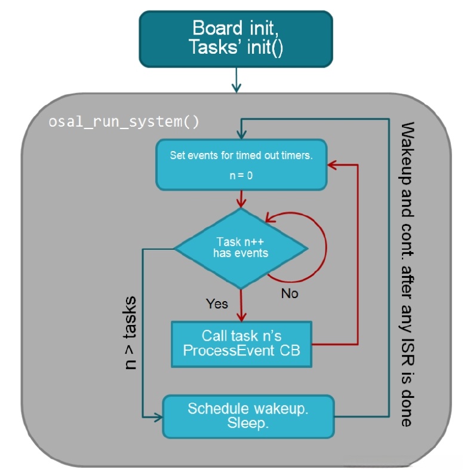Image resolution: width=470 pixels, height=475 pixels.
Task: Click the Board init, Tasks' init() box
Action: click(x=236, y=38)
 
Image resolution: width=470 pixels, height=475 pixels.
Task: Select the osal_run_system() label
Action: click(x=123, y=122)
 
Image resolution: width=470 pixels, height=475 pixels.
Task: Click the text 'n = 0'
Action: click(x=241, y=176)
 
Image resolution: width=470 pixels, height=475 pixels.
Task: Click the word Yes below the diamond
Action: click(x=217, y=304)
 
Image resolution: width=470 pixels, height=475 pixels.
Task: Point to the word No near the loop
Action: click(x=289, y=293)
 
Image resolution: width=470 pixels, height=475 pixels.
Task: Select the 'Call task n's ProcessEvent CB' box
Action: click(x=241, y=344)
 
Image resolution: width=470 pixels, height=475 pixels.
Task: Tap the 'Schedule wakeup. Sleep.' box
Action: click(x=248, y=416)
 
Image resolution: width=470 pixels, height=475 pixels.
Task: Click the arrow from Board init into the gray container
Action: click(x=236, y=80)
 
